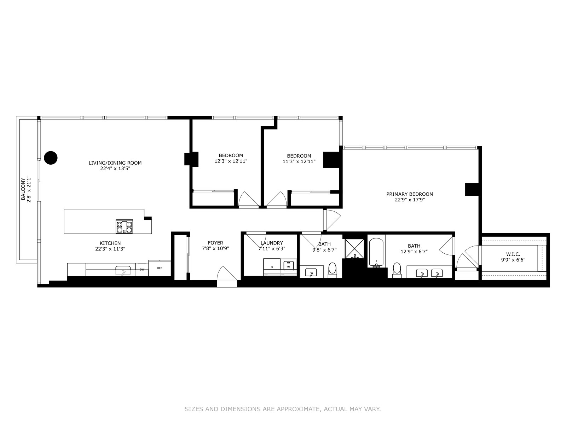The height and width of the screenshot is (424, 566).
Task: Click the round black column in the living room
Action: (51, 158)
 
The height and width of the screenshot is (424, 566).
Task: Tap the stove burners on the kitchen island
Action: (124, 226)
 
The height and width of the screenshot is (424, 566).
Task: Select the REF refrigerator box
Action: (160, 268)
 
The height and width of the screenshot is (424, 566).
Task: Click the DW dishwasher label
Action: (142, 270)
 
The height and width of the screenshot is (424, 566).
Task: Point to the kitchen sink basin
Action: (123, 271)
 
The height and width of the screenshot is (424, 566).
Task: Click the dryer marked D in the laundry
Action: (272, 267)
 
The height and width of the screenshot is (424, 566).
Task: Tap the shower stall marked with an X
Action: (354, 249)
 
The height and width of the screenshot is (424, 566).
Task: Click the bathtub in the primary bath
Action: (376, 253)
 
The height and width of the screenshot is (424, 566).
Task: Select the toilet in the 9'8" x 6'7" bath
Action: (333, 270)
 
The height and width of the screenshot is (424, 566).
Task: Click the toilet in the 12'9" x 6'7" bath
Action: (397, 270)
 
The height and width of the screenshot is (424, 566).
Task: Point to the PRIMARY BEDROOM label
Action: (410, 194)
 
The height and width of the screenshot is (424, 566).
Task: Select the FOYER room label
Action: (215, 243)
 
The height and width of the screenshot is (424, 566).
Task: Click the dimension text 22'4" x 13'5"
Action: (115, 169)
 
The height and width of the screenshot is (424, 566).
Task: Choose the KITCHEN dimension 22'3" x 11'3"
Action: (110, 249)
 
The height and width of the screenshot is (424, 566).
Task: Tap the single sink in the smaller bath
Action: (311, 272)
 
